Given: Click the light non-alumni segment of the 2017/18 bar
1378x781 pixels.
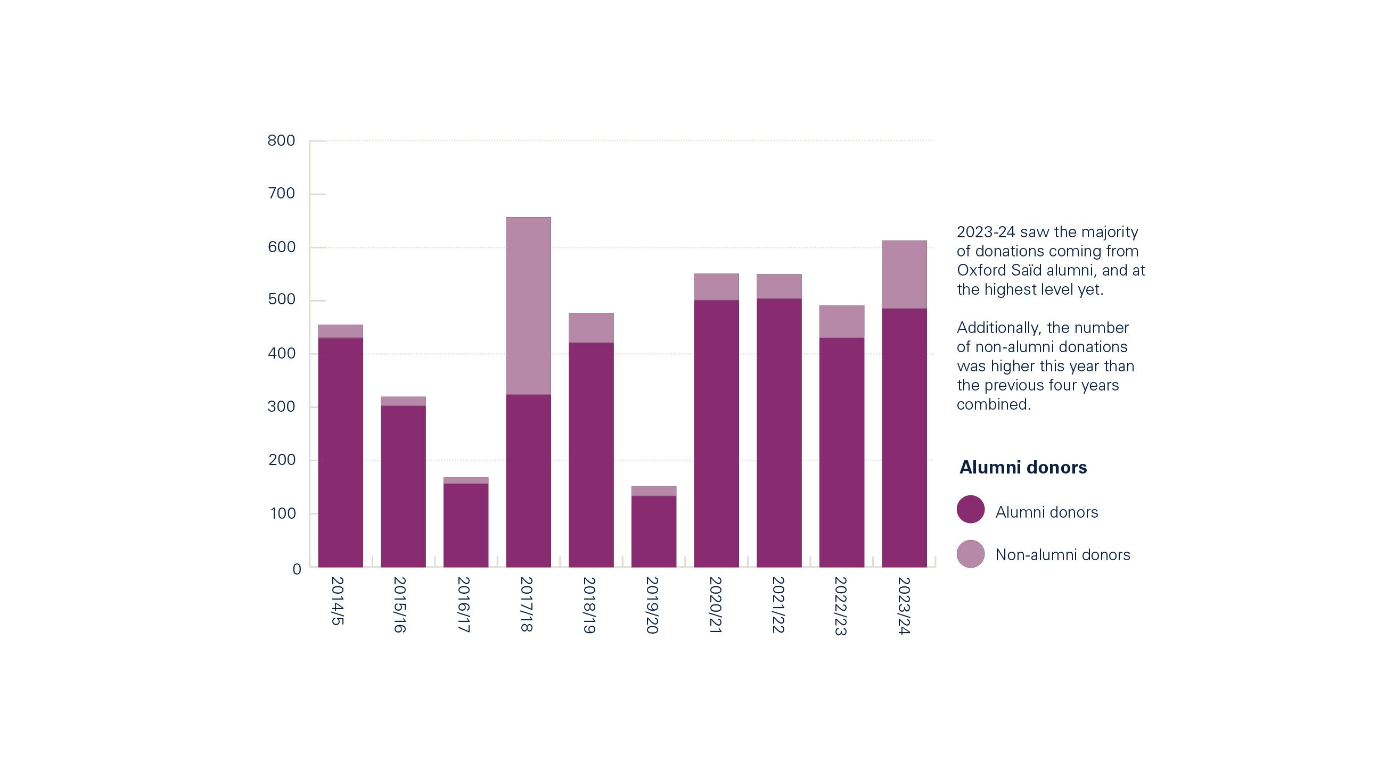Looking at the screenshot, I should point(528,306).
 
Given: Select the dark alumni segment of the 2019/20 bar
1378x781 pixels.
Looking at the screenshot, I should point(653,531).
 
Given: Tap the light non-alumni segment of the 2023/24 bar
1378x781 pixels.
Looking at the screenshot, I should point(904,275).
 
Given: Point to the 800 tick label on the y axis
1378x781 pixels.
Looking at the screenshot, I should point(281,141).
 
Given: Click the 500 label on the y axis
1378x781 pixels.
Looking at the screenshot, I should point(281,300).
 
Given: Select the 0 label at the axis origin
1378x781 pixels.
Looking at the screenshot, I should point(297,570).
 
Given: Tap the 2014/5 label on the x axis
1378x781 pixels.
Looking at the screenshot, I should point(337,601).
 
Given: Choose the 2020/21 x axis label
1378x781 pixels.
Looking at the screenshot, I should point(715,605).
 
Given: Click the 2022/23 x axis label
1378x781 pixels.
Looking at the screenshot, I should point(841,606).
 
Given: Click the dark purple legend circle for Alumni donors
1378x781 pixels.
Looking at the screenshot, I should point(971,509).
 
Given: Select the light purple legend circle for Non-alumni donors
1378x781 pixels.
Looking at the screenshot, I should point(971,554).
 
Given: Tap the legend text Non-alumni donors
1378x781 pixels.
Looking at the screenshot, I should point(1062,555).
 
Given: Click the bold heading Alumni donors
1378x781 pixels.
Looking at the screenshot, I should point(1023,467).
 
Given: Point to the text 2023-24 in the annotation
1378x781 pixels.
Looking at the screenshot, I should point(986,232).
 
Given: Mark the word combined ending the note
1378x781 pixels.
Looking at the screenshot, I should point(993,404).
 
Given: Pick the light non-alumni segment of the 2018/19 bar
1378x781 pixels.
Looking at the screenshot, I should point(591,328).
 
